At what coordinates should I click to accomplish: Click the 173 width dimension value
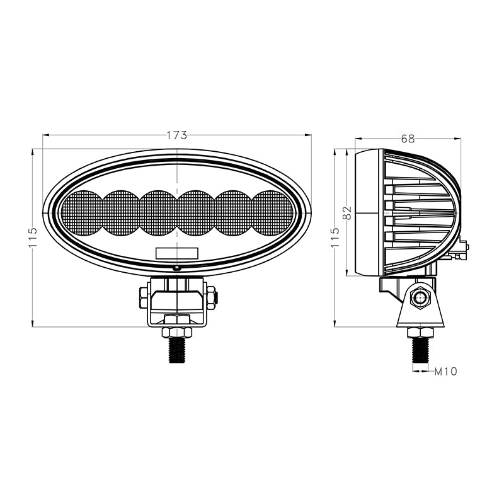(177, 134)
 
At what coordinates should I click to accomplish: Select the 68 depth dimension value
(408, 139)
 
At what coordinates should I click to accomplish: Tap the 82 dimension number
(346, 213)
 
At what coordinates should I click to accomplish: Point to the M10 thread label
(445, 371)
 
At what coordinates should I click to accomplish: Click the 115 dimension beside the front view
(33, 238)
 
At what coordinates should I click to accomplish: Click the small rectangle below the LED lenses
(177, 253)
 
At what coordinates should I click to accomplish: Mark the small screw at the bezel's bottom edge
(177, 267)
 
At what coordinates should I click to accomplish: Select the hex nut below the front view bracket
(177, 332)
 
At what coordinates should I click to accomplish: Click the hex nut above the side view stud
(418, 333)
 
